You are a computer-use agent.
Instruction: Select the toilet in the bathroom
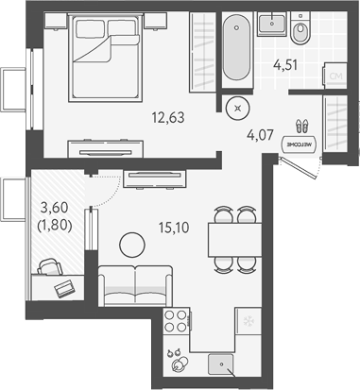[x=301, y=34]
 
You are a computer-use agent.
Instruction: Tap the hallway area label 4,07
[x=262, y=134]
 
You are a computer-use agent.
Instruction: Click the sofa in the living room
[x=134, y=285]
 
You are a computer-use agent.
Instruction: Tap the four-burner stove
[x=176, y=324]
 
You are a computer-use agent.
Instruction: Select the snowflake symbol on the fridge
[x=249, y=322]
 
